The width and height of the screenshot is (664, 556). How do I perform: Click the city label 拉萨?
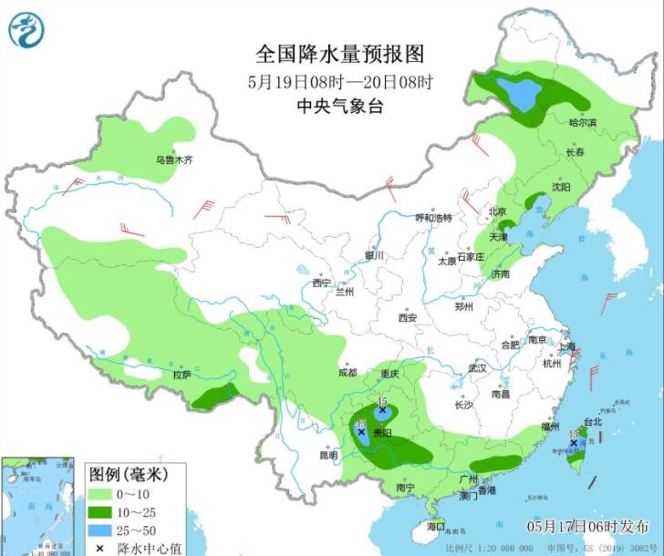pyautogui.click(x=182, y=374)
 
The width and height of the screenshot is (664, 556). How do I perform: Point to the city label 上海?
pyautogui.click(x=567, y=346)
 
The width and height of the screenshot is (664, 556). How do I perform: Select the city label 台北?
pyautogui.click(x=593, y=422)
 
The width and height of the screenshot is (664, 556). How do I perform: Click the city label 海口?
pyautogui.click(x=435, y=526)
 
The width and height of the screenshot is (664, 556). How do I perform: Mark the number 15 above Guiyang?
pyautogui.click(x=382, y=401)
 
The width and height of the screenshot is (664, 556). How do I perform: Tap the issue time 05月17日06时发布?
pyautogui.click(x=587, y=527)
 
